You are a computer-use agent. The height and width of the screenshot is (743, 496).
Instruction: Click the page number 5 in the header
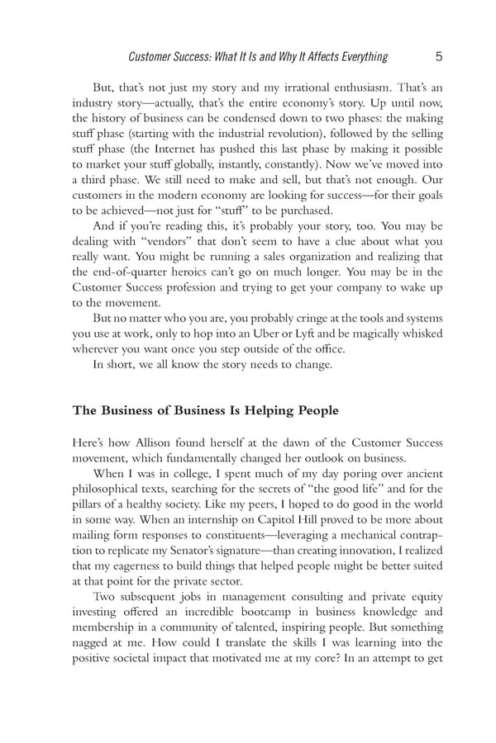438,57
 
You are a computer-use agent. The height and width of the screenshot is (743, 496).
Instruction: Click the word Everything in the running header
356,57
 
